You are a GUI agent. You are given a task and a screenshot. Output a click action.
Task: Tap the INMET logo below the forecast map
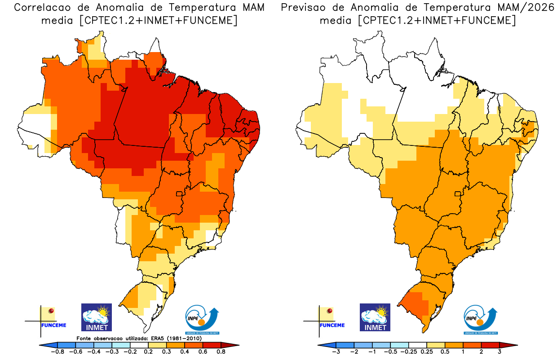tap(375, 317)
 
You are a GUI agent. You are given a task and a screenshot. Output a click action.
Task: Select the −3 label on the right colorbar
tap(336, 352)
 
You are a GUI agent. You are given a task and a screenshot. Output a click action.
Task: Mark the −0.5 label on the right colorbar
tap(390, 352)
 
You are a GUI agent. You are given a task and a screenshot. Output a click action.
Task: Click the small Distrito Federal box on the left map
tap(179, 194)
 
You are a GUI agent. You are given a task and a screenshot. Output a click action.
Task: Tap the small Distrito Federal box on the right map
tap(458, 194)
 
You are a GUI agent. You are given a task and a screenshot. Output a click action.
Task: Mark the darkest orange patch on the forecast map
tap(414, 305)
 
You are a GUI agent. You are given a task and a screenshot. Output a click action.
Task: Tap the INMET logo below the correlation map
tap(96, 317)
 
